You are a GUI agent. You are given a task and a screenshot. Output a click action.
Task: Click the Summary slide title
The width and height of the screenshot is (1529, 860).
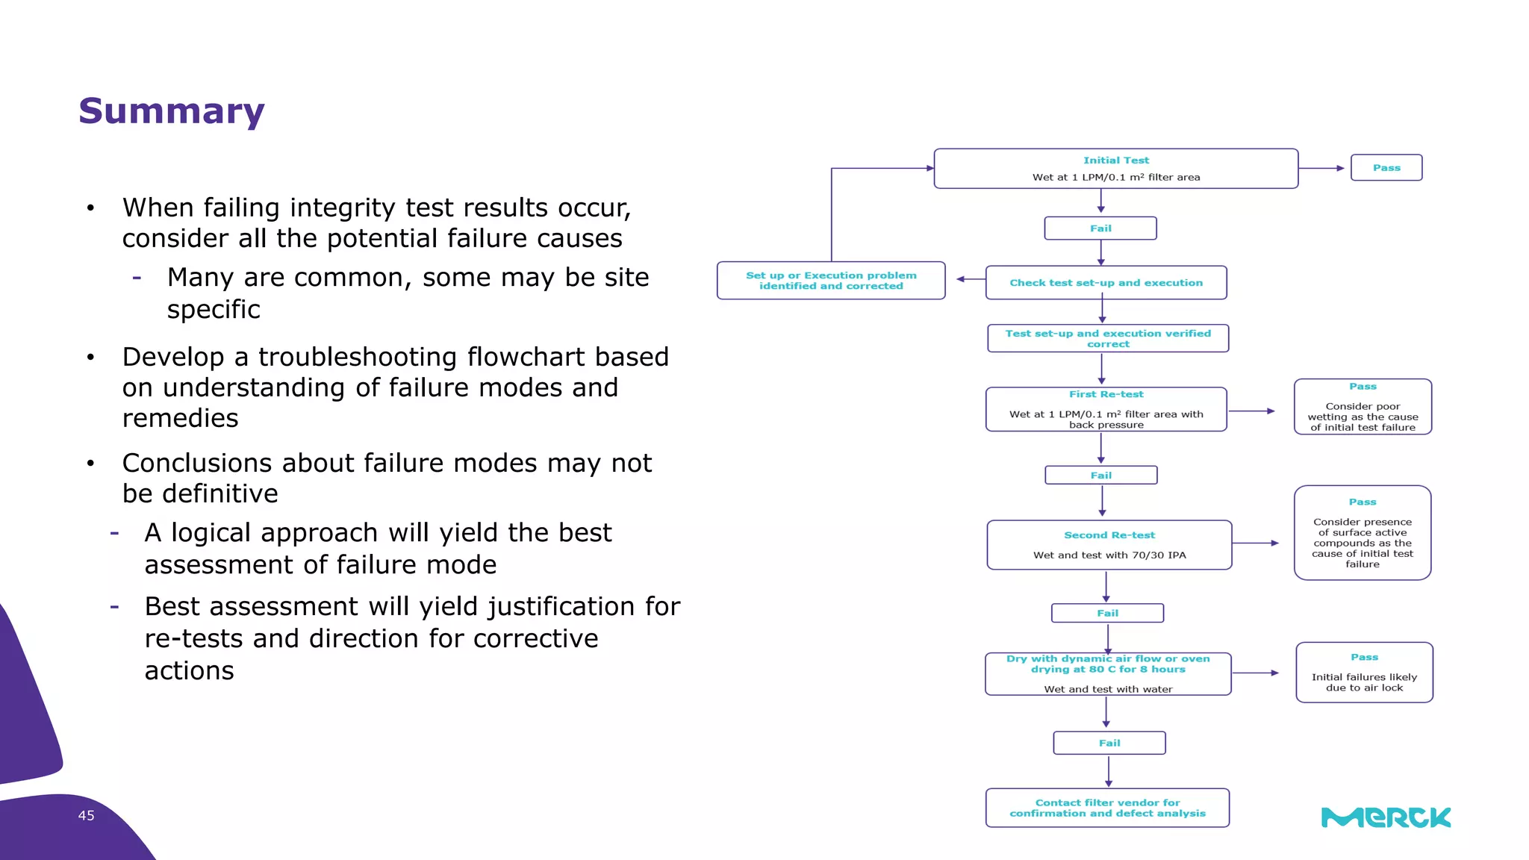pos(171,111)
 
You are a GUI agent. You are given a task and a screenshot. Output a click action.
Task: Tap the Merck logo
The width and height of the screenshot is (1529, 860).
pos(1386,817)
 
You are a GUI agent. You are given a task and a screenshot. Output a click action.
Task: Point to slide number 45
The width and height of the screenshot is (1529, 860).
pos(86,816)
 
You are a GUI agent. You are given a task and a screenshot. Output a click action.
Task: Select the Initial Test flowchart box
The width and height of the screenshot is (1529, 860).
pos(1115,169)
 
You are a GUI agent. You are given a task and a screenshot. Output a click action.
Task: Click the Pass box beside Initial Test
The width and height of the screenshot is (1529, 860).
pos(1386,168)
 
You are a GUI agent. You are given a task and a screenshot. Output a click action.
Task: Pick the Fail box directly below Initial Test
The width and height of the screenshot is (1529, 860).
pos(1100,228)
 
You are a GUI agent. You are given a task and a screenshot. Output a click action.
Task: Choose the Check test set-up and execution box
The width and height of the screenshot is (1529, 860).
pos(1106,283)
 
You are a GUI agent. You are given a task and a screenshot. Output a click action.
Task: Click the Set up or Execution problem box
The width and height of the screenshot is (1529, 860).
pos(831,281)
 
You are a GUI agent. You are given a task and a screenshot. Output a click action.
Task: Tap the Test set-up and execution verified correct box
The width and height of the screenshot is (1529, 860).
pos(1107,338)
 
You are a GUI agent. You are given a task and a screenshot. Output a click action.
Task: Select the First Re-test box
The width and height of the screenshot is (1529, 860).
pos(1106,409)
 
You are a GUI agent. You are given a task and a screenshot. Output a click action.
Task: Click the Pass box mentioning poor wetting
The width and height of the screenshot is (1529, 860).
pos(1363,407)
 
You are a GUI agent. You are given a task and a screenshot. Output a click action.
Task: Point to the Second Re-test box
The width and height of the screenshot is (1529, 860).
pos(1109,545)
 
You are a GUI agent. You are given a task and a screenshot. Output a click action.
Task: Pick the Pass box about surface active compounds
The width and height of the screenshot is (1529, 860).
pos(1363,533)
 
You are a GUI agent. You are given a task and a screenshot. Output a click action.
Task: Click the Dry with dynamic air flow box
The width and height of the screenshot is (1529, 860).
pos(1108,673)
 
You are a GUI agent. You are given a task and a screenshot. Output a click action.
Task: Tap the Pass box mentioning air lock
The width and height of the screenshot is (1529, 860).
pos(1364,672)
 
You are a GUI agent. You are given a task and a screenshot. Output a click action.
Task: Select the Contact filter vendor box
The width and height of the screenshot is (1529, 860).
pos(1107,808)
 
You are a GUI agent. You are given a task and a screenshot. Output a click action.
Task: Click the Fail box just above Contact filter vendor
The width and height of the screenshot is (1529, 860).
pos(1109,743)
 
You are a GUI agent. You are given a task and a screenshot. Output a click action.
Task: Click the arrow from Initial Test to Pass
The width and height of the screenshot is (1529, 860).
pos(1322,169)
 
